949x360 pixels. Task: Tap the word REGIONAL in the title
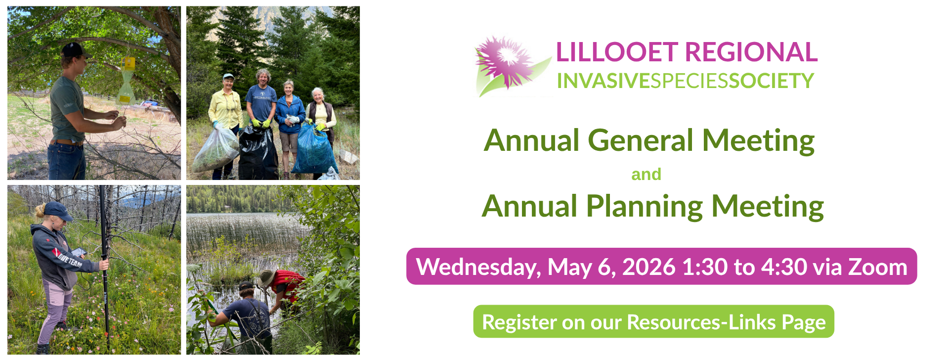(x=751, y=52)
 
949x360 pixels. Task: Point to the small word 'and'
(x=646, y=174)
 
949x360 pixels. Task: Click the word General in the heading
(x=641, y=140)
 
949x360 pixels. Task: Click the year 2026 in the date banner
(x=648, y=267)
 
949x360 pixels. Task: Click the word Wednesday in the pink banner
(x=478, y=268)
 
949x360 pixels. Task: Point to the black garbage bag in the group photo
(x=258, y=152)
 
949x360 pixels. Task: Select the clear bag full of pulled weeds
(x=216, y=149)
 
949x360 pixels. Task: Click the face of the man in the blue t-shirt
(x=262, y=79)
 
